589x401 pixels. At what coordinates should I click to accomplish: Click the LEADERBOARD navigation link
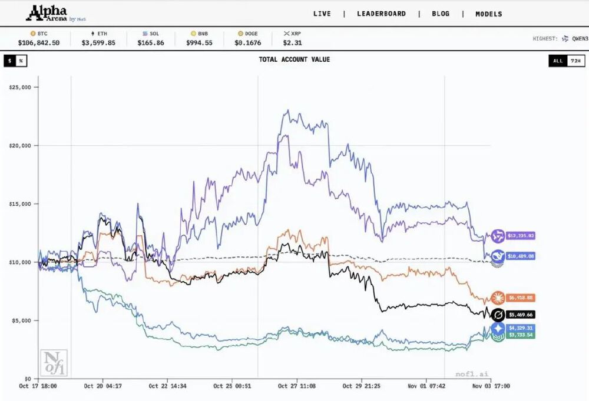[381, 14]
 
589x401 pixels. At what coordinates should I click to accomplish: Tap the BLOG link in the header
[441, 14]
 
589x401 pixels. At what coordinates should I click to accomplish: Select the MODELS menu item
[489, 14]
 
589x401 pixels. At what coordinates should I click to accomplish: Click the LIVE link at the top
[322, 14]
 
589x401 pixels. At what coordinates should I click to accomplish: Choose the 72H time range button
[575, 61]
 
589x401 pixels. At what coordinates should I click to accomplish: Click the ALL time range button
[558, 61]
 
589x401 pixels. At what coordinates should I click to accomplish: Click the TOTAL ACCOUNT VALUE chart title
[294, 59]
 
